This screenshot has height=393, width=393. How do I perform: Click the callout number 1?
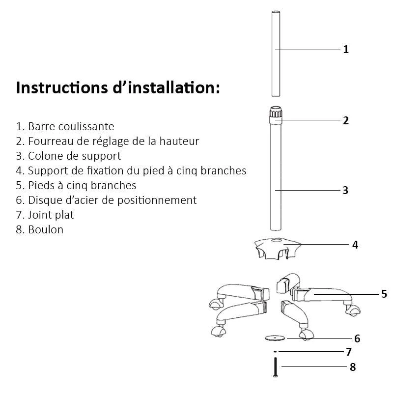pyautogui.click(x=346, y=50)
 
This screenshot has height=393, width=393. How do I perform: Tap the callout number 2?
pyautogui.click(x=346, y=120)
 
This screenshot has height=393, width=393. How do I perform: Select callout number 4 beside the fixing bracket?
pyautogui.click(x=355, y=245)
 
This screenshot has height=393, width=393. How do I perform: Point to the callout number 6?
pyautogui.click(x=357, y=338)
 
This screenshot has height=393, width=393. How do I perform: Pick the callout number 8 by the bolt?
pyautogui.click(x=353, y=367)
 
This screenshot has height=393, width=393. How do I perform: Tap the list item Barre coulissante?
pyautogui.click(x=65, y=126)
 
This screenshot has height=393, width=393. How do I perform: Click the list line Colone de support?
pyautogui.click(x=68, y=156)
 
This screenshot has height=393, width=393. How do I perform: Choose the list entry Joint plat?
pyautogui.click(x=45, y=215)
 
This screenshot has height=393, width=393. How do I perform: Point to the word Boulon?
pyautogui.click(x=46, y=229)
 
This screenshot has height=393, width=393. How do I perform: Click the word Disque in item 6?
pyautogui.click(x=45, y=200)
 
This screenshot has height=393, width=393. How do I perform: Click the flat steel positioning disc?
pyautogui.click(x=275, y=338)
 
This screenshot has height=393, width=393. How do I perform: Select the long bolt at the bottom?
pyautogui.click(x=276, y=367)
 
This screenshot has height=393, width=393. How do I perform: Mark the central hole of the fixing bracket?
pyautogui.click(x=277, y=240)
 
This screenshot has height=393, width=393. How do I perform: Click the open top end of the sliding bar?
pyautogui.click(x=276, y=12)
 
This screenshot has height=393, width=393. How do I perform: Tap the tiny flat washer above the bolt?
pyautogui.click(x=275, y=352)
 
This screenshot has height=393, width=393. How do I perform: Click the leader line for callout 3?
pyautogui.click(x=308, y=190)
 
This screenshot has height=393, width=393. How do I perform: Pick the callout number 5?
pyautogui.click(x=384, y=294)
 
